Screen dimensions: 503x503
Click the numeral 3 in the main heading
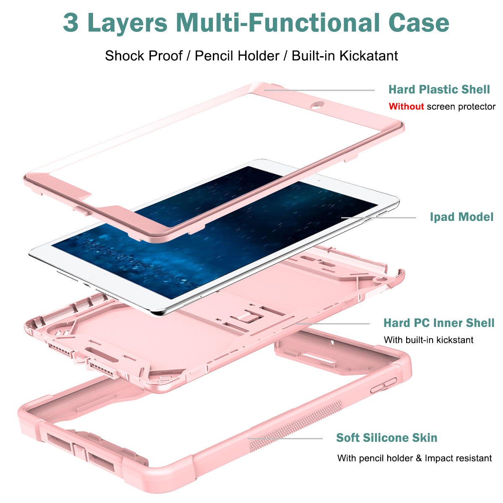[71, 23]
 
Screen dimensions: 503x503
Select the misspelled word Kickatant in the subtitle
[368, 56]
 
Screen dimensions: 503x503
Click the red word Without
[406, 106]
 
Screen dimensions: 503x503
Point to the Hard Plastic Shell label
[439, 89]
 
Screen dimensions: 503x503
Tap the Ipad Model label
[462, 217]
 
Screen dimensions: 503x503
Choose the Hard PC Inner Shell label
[439, 323]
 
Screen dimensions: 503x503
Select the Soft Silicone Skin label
[387, 438]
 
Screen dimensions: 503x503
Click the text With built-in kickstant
[428, 340]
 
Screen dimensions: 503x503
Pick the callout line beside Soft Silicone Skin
[285, 439]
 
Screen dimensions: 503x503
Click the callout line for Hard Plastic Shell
[319, 90]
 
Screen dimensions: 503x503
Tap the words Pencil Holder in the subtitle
[237, 56]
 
